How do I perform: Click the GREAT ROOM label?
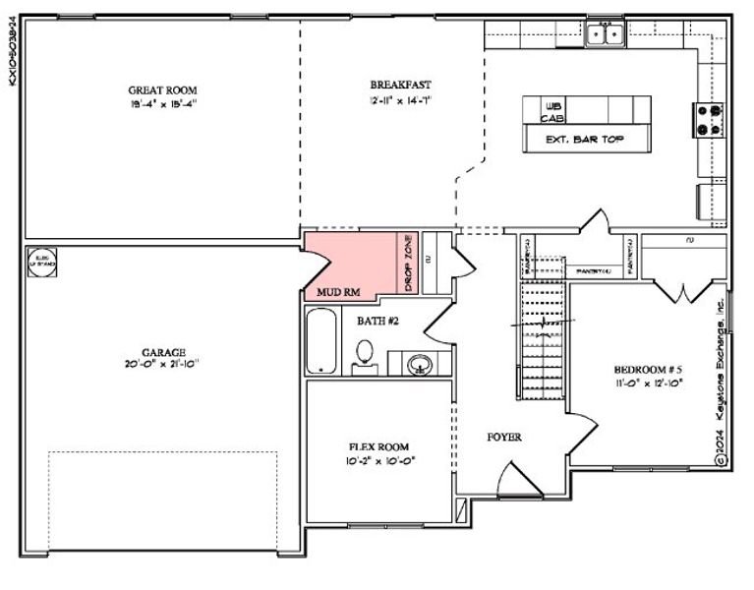pos(162,89)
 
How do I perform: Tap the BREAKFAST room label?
pos(400,85)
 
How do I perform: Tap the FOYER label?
pos(504,437)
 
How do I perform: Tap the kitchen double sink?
pos(605,35)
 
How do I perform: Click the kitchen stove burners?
pos(709,119)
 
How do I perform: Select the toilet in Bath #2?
pos(365,355)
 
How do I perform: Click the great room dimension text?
pos(162,102)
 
